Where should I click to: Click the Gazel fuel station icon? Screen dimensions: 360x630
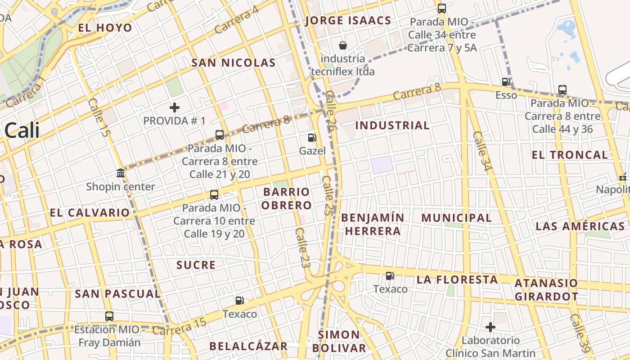pos(312,138)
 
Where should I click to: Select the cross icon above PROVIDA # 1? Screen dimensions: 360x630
pos(175,108)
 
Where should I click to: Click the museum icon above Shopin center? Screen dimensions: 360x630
pos(121,173)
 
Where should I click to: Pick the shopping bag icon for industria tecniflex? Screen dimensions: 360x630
pos(343,45)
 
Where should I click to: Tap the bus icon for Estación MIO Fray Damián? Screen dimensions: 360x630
pos(109,316)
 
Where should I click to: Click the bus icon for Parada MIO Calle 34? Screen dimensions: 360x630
pos(442,8)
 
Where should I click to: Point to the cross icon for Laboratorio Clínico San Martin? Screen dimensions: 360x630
pos(490,327)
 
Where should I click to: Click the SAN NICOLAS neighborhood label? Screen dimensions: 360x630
pos(233,63)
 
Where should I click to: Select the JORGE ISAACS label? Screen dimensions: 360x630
pos(348,21)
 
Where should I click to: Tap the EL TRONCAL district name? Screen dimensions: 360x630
pos(570,155)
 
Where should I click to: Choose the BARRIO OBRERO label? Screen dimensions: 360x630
pos(287,198)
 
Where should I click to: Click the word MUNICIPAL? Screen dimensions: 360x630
pos(456,218)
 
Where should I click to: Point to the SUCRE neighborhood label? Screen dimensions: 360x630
pos(196,265)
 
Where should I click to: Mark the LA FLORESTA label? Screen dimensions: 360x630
pos(457,279)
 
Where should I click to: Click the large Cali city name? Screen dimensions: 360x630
pos(22,130)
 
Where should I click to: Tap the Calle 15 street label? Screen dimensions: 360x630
pos(99,118)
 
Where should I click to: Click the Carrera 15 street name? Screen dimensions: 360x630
pos(179,327)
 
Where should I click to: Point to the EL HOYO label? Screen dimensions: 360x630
pos(105,28)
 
